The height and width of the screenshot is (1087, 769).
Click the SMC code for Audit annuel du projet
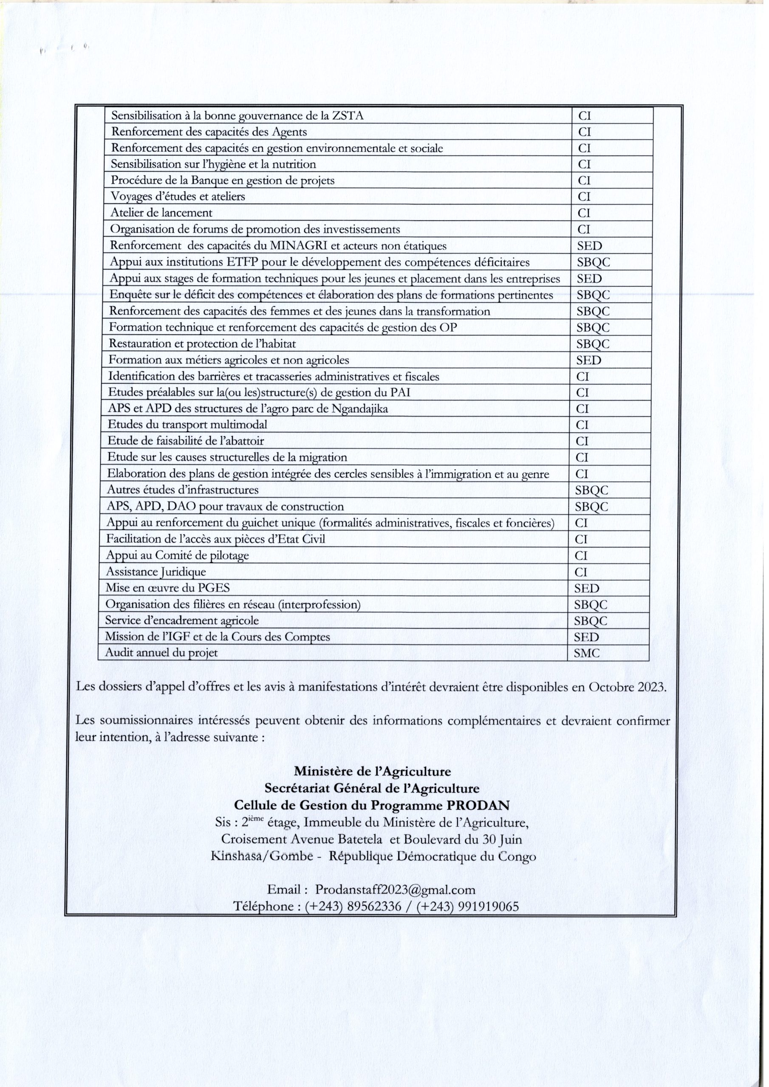[587, 654]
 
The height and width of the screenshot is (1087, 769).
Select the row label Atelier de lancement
[161, 213]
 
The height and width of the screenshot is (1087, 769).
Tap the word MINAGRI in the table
[297, 246]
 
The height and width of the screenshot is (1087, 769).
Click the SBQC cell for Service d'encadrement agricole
[591, 621]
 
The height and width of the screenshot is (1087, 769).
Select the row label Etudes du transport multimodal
[187, 425]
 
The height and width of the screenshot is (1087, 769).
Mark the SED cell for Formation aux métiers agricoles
[588, 360]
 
